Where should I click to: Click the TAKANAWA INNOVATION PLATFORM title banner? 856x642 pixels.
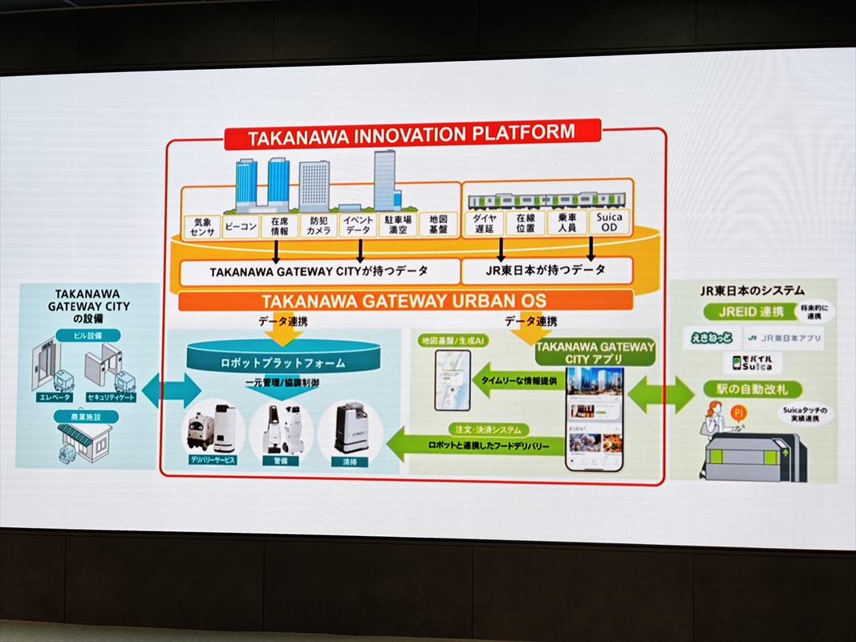pyautogui.click(x=412, y=136)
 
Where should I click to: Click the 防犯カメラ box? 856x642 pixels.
pyautogui.click(x=318, y=226)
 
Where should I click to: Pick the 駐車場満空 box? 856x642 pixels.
pyautogui.click(x=398, y=225)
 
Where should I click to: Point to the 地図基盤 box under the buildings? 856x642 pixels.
pyautogui.click(x=438, y=224)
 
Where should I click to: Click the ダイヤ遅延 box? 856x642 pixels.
pyautogui.click(x=484, y=224)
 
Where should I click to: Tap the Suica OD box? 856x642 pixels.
pyautogui.click(x=610, y=222)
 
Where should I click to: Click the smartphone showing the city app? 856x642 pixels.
pyautogui.click(x=594, y=418)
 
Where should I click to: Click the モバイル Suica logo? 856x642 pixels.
pyautogui.click(x=752, y=363)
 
